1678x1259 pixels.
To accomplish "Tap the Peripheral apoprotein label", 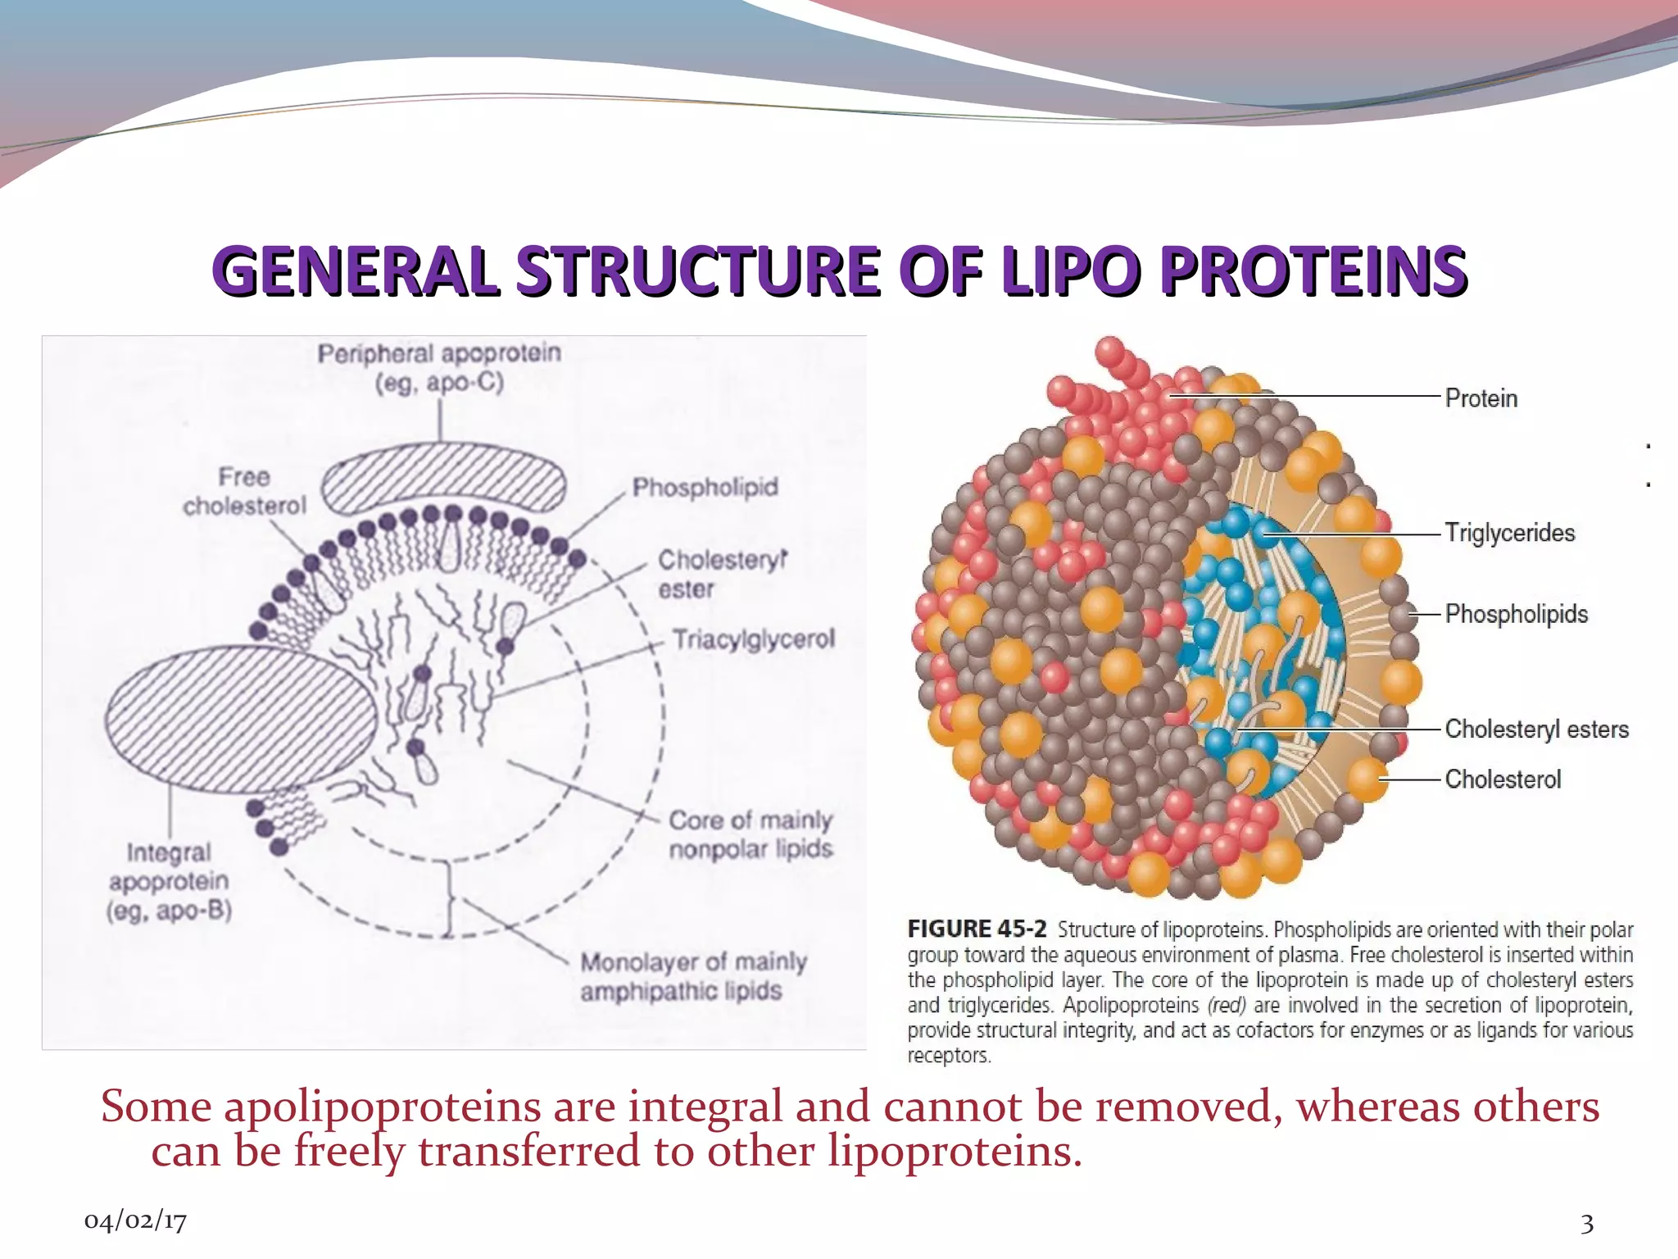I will click(439, 368).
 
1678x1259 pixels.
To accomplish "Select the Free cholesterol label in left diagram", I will click(244, 492).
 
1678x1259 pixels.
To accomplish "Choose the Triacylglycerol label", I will click(753, 639).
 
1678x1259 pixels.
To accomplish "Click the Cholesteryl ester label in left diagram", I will click(721, 574).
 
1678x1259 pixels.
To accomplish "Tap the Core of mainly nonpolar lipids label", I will click(751, 834).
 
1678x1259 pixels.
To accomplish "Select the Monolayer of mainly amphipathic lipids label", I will click(693, 975).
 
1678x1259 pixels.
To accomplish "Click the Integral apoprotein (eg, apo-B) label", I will click(169, 882).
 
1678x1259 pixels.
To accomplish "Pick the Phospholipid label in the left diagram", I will click(705, 488).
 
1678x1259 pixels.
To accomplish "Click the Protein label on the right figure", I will click(1481, 398).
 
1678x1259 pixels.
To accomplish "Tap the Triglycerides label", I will click(1509, 533).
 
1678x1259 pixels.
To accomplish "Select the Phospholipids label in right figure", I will click(1516, 614).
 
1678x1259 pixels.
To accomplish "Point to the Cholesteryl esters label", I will click(1536, 729).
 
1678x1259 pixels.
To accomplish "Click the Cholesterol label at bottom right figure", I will click(1503, 779).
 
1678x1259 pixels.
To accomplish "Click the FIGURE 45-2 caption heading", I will click(976, 929).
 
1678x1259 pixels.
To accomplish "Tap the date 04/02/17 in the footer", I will click(135, 1221).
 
